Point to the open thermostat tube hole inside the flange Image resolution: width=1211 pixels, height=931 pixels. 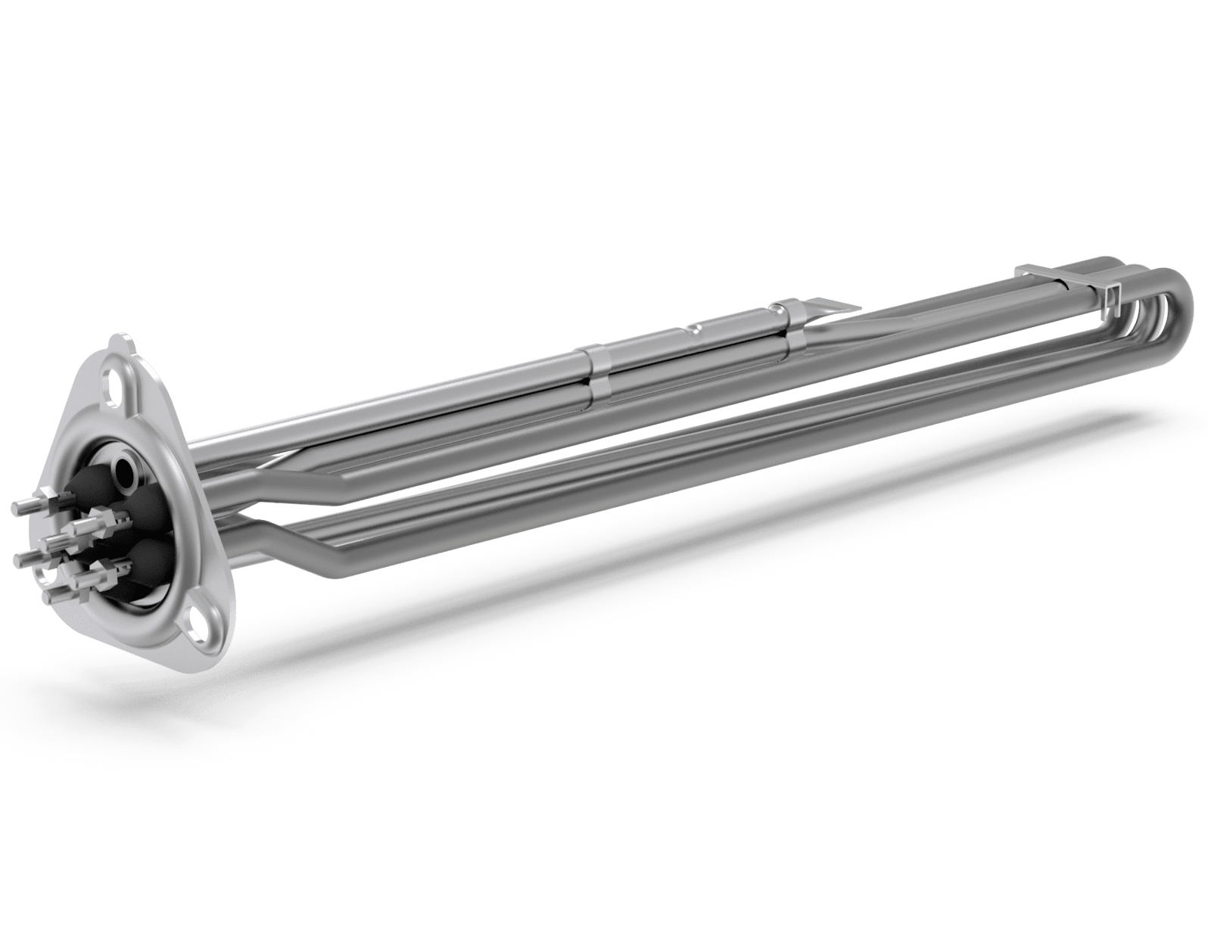click(x=124, y=472)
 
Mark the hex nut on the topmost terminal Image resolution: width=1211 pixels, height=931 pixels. click(x=47, y=501)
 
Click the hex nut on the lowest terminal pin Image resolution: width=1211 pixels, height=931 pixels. click(x=85, y=596)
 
